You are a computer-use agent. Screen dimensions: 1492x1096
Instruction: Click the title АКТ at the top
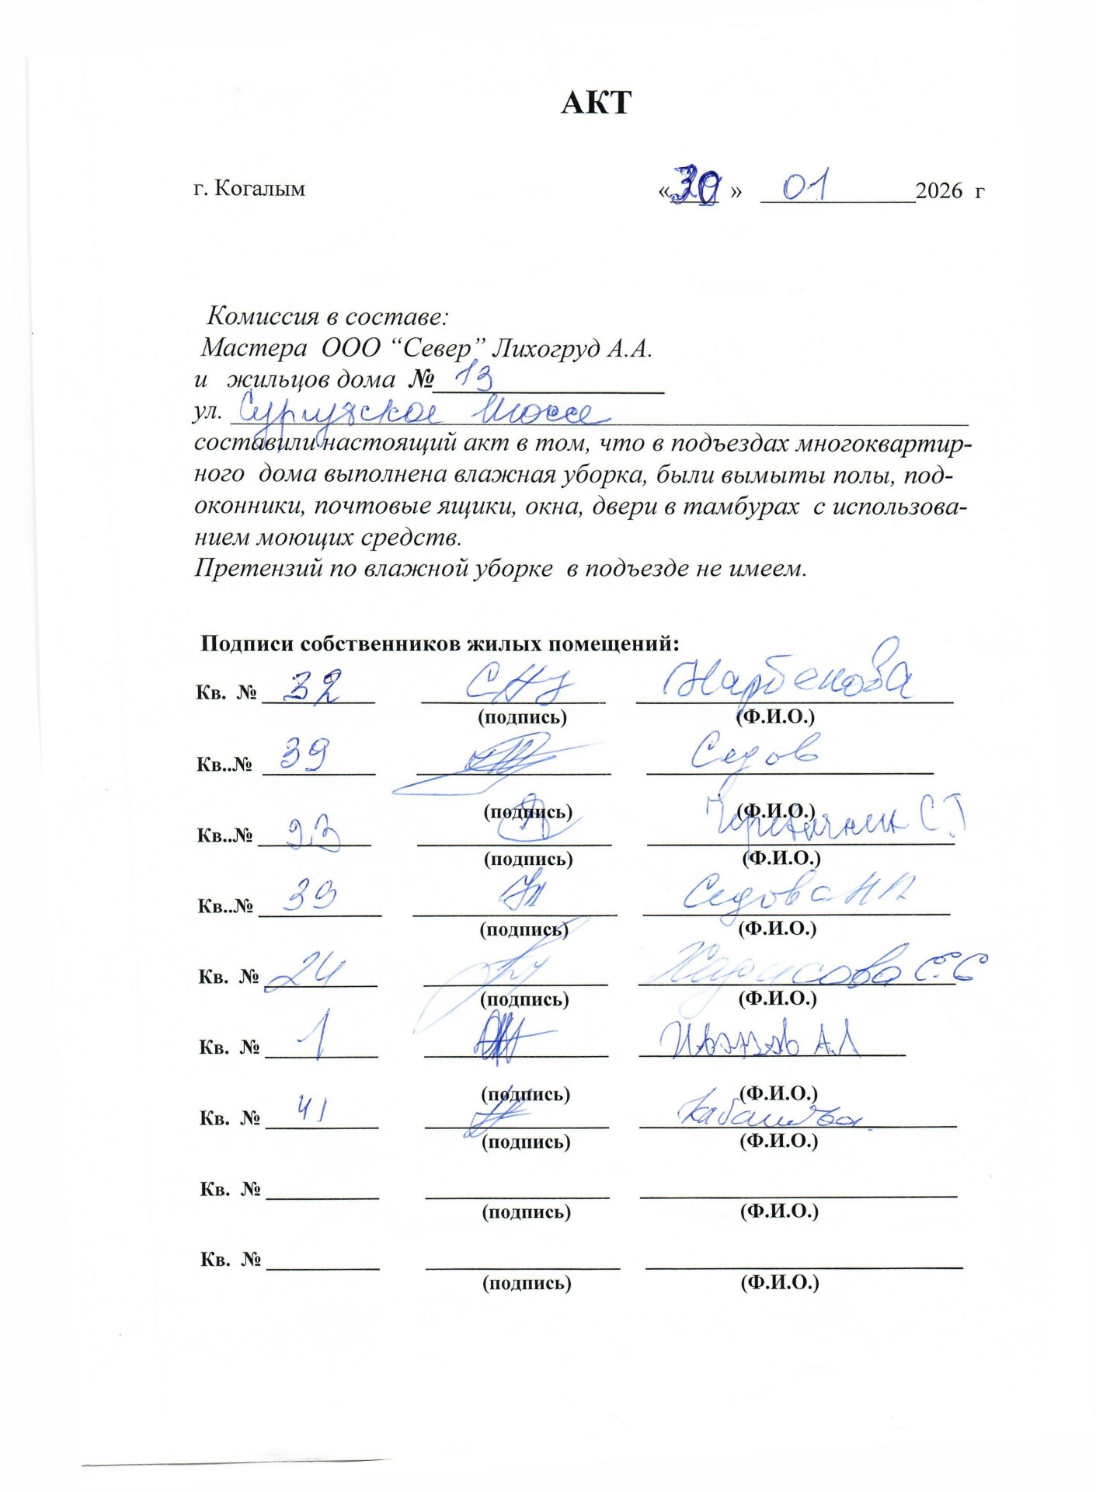[x=596, y=103]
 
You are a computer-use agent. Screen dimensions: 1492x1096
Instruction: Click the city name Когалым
[x=259, y=189]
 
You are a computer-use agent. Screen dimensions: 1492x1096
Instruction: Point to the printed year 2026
[x=939, y=191]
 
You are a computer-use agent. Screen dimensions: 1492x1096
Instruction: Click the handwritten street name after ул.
[x=416, y=410]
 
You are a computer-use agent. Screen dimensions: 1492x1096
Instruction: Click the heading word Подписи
[x=247, y=643]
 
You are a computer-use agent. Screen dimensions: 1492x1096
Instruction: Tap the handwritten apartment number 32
[x=312, y=685]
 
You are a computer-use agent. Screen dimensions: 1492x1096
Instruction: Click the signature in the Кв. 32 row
[x=519, y=683]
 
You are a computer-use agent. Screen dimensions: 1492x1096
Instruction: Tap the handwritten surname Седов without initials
[x=753, y=751]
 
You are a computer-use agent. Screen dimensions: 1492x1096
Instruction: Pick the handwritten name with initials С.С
[x=816, y=967]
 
